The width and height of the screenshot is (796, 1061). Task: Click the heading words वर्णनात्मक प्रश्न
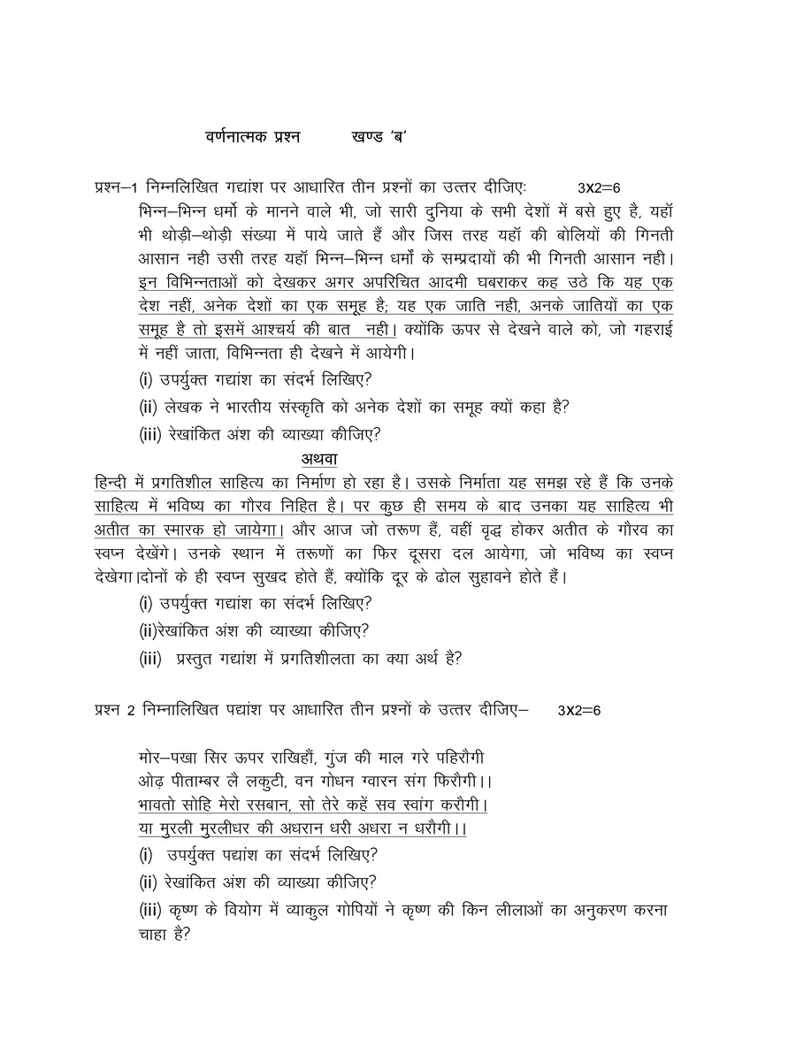coord(252,137)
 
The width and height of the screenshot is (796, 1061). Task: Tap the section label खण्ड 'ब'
coord(384,137)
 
